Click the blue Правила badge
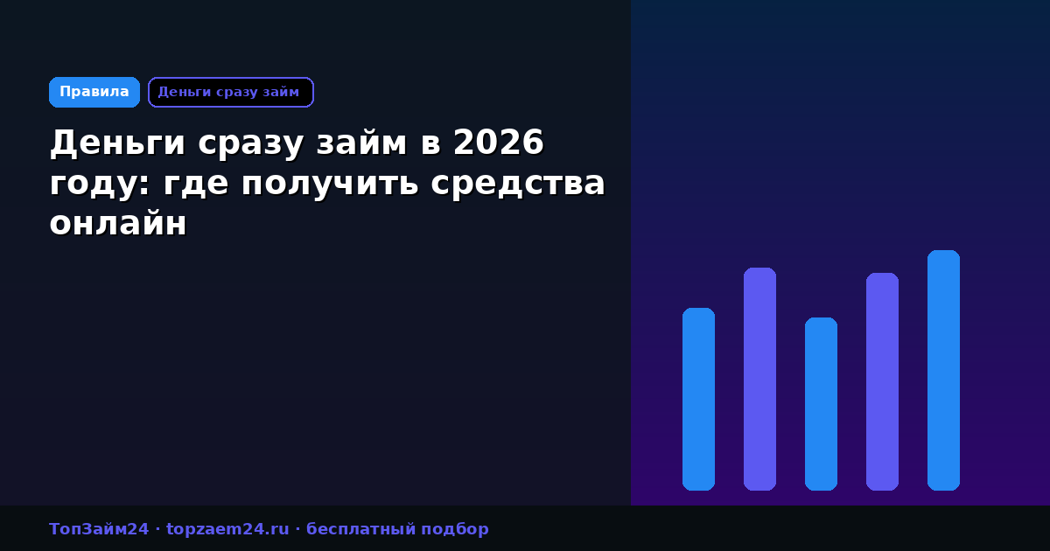pos(94,93)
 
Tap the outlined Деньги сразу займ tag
pos(231,93)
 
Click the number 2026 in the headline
pos(498,143)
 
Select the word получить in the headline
pos(330,184)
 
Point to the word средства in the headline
pos(518,184)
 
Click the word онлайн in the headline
pos(118,224)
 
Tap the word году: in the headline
pos(100,184)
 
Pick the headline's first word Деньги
pos(117,143)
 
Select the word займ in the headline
pos(361,143)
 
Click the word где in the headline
pos(195,184)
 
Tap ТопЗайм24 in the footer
pos(99,529)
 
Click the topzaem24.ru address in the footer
pos(227,529)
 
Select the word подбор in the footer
pos(455,530)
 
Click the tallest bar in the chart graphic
pos(943,370)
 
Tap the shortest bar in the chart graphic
pos(822,404)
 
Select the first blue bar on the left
pos(698,399)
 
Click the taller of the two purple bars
pos(759,379)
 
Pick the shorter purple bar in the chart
pos(882,381)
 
